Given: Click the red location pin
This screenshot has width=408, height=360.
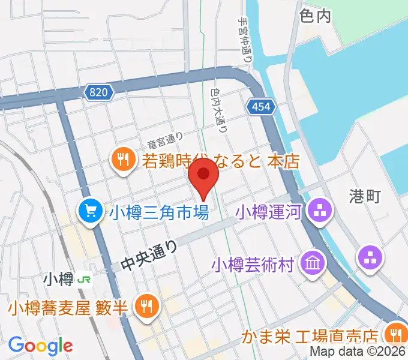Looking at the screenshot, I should point(204,178).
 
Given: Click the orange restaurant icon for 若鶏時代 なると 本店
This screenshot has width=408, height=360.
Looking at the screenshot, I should point(124,160).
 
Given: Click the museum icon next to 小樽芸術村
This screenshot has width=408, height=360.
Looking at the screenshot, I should point(313,262).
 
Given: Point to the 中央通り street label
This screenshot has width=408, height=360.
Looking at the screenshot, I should point(150,255).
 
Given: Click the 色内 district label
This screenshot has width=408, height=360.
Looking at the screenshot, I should point(314,16).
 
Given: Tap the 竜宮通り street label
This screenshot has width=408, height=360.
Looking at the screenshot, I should point(164,142).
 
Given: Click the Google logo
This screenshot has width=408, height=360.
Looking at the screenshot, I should point(40,345).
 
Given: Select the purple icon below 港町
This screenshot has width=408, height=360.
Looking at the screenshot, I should point(370,258).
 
